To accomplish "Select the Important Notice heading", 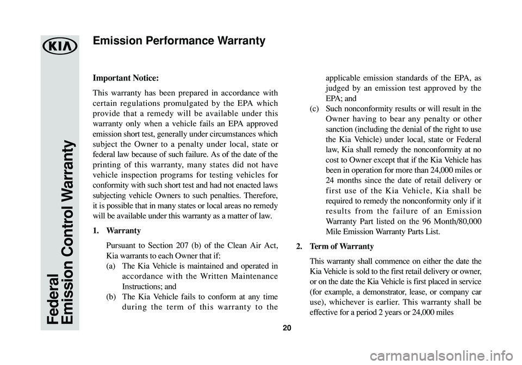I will coord(126,78).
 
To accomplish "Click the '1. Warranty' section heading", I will coord(117,230).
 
